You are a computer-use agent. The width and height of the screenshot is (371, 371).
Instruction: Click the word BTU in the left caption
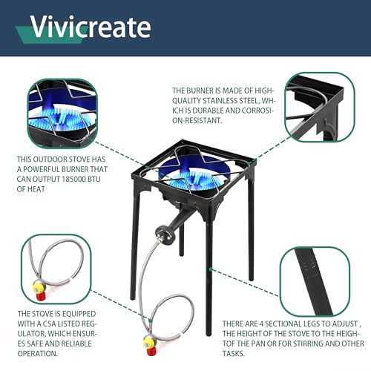coord(124,179)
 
